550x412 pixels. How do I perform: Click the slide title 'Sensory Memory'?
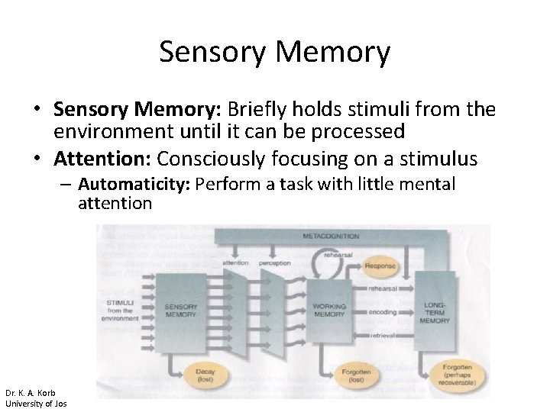[x=275, y=53]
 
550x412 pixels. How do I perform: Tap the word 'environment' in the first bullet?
[x=106, y=130]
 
